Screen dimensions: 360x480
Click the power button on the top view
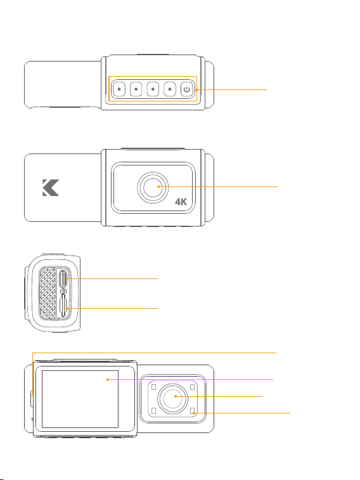point(186,89)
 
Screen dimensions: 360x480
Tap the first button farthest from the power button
point(119,89)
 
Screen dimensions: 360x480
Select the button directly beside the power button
point(170,89)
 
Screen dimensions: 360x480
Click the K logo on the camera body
point(51,187)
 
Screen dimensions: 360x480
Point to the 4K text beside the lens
point(181,202)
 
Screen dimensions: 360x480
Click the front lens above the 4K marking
point(153,187)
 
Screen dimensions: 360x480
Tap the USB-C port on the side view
point(63,278)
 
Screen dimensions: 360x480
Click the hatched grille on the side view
point(47,293)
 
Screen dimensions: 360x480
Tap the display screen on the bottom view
point(80,399)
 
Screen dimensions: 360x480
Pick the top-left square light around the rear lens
point(153,387)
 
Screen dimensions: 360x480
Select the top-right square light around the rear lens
point(192,387)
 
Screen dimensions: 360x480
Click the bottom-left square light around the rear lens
point(153,410)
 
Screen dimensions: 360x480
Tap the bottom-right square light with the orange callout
point(192,410)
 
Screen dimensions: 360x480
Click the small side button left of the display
point(32,399)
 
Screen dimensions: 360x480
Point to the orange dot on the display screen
point(108,380)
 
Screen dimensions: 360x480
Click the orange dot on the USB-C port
point(67,279)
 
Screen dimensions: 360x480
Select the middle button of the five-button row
point(153,89)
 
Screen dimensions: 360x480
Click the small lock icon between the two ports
point(63,290)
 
